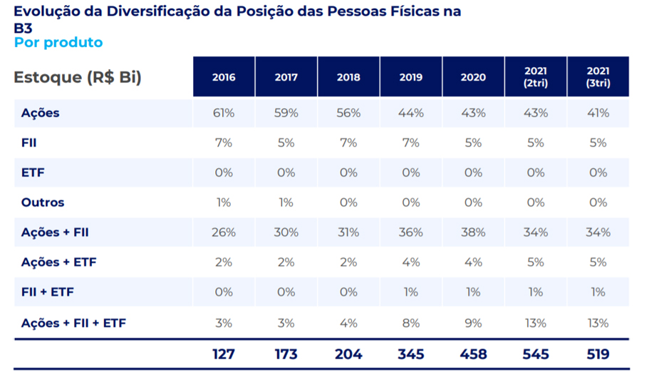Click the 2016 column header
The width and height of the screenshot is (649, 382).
224,77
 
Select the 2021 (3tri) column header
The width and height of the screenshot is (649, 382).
598,77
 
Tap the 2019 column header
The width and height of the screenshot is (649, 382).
411,77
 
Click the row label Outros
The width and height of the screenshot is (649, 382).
43,202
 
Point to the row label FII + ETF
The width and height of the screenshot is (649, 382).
48,292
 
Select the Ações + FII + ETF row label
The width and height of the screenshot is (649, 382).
73,323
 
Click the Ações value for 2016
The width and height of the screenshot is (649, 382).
224,113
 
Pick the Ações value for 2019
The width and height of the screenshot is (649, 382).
411,113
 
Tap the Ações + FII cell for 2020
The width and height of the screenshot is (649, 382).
473,232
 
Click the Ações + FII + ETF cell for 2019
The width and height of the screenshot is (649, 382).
411,323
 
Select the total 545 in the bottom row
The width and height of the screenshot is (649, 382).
536,354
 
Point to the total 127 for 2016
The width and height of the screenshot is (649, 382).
224,354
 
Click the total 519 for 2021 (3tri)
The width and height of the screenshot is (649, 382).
598,354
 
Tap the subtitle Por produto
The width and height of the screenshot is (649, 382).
58,43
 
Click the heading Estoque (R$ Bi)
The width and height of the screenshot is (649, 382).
78,77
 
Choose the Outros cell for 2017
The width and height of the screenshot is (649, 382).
286,202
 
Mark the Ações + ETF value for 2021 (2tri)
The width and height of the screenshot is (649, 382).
536,262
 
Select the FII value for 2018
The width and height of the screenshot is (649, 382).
348,143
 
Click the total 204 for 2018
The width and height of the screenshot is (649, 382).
348,354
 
